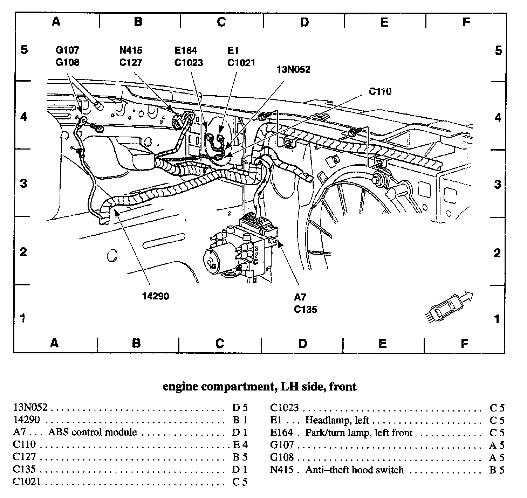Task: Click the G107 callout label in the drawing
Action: (67, 50)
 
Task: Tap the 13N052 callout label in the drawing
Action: (293, 69)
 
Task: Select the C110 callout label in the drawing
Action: (380, 91)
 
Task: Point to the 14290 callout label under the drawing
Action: (155, 296)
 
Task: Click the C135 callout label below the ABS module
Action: (305, 309)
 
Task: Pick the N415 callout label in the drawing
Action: (131, 50)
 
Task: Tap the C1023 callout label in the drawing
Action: (189, 63)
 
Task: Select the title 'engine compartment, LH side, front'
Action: (260, 387)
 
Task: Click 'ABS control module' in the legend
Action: (92, 432)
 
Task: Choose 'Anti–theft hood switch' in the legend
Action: (354, 470)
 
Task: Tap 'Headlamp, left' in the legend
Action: (337, 420)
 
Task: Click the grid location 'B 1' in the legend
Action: (240, 420)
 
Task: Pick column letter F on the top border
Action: (466, 22)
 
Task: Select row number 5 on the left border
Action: (24, 50)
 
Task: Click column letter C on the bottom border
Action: (220, 343)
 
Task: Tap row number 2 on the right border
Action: (497, 253)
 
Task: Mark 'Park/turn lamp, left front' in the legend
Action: (359, 433)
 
